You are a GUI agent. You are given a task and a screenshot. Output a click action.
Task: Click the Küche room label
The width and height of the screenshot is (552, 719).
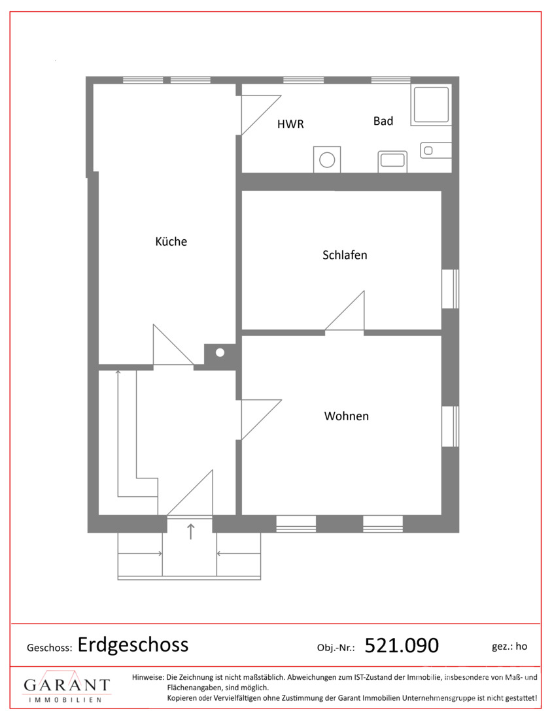pyautogui.click(x=171, y=241)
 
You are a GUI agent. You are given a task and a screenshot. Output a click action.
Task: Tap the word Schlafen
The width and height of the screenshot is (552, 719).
pyautogui.click(x=345, y=255)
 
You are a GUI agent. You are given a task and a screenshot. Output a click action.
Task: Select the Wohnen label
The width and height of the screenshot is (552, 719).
pyautogui.click(x=347, y=416)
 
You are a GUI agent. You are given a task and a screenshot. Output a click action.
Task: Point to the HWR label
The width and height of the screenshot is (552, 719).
pyautogui.click(x=290, y=124)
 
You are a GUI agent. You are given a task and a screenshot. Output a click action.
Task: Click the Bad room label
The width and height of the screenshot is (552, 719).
pyautogui.click(x=383, y=121)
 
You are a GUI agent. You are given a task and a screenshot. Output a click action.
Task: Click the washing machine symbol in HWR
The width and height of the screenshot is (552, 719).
pyautogui.click(x=327, y=159)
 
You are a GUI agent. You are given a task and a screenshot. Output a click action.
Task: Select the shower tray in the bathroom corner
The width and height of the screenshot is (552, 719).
pyautogui.click(x=431, y=105)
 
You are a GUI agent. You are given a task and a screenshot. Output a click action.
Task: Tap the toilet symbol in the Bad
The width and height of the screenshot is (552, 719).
pyautogui.click(x=436, y=150)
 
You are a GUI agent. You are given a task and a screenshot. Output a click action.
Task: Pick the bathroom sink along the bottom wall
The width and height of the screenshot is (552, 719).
pyautogui.click(x=393, y=161)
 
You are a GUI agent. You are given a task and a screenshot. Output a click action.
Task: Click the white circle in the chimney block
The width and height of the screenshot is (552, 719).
pyautogui.click(x=220, y=352)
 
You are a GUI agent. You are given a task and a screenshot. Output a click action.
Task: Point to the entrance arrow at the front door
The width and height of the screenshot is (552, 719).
pyautogui.click(x=190, y=531)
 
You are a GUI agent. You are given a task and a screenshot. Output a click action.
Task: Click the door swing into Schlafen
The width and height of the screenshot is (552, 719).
pyautogui.click(x=345, y=310)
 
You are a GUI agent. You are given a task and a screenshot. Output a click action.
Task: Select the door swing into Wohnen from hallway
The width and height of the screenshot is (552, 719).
pyautogui.click(x=261, y=420)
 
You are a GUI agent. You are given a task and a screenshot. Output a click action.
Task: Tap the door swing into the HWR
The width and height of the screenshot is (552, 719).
pyautogui.click(x=261, y=115)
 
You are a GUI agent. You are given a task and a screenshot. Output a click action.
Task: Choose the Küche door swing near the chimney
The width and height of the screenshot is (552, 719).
pyautogui.click(x=173, y=344)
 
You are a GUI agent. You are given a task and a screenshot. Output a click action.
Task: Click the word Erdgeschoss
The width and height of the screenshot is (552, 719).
pyautogui.click(x=133, y=645)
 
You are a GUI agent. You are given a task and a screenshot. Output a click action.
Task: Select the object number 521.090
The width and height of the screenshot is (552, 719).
pyautogui.click(x=402, y=646)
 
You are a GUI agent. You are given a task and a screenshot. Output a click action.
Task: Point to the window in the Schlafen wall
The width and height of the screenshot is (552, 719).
pyautogui.click(x=450, y=289)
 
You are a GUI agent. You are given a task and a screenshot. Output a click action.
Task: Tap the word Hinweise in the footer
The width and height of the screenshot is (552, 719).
pyautogui.click(x=148, y=677)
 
